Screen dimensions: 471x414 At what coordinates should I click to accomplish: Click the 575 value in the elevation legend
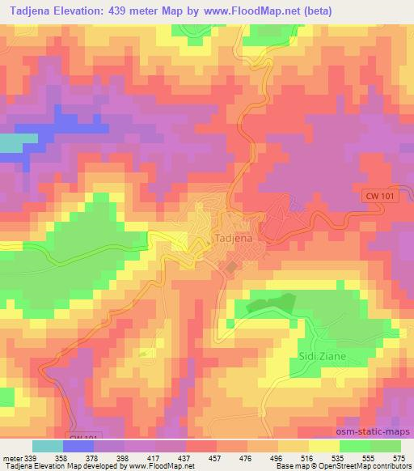coord(398,458)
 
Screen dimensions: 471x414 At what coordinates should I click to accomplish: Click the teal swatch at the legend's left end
coord(47,446)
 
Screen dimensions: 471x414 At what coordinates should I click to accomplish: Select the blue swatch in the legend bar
coord(78,446)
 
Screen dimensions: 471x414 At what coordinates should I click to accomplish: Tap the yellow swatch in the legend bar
coord(323,446)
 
